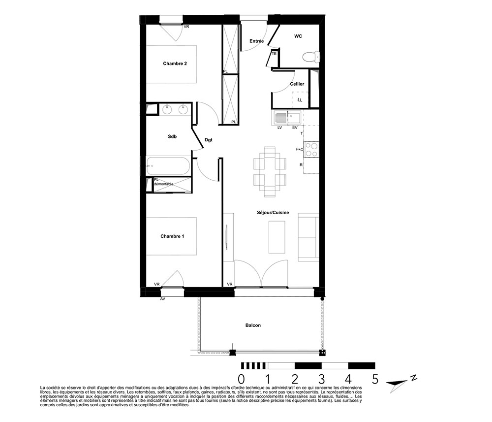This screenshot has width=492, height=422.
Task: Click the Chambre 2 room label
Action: pyautogui.click(x=175, y=64)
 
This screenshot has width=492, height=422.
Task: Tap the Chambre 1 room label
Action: pyautogui.click(x=172, y=236)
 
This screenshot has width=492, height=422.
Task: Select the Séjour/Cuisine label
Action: pyautogui.click(x=273, y=213)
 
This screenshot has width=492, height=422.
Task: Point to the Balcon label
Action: pyautogui.click(x=253, y=325)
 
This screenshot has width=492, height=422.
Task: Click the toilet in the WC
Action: pyautogui.click(x=311, y=57)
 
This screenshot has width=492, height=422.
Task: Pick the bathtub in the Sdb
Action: pyautogui.click(x=168, y=166)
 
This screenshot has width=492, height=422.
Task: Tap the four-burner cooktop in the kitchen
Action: pyautogui.click(x=311, y=150)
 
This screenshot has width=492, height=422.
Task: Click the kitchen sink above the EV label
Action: pyautogui.click(x=294, y=118)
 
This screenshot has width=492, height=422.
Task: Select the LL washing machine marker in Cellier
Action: pyautogui.click(x=300, y=100)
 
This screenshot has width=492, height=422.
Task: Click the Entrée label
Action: pyautogui.click(x=257, y=41)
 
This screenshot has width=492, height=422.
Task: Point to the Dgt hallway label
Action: pyautogui.click(x=208, y=140)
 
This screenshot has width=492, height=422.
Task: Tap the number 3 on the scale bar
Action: pyautogui.click(x=321, y=379)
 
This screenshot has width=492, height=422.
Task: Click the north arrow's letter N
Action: pyautogui.click(x=414, y=378)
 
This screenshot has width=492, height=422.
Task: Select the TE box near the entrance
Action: pyautogui.click(x=274, y=54)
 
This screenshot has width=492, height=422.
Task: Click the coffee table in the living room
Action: pyautogui.click(x=277, y=237)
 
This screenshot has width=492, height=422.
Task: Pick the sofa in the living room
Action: pyautogui.click(x=308, y=237)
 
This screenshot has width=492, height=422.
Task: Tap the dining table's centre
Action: pyautogui.click(x=270, y=172)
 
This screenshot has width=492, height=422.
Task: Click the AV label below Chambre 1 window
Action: pyautogui.click(x=162, y=299)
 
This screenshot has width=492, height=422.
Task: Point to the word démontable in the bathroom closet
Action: pyautogui.click(x=163, y=184)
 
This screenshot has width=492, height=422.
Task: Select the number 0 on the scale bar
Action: pyautogui.click(x=241, y=379)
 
